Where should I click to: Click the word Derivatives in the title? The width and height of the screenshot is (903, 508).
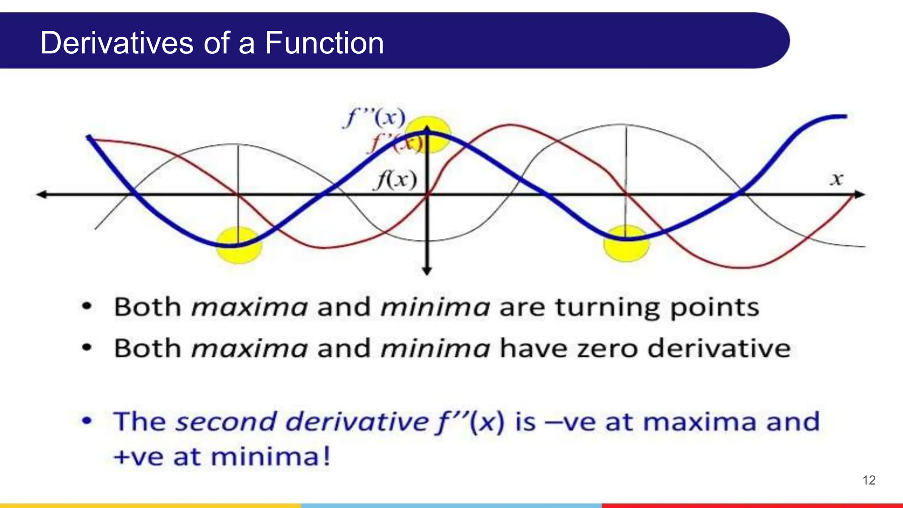point(117,43)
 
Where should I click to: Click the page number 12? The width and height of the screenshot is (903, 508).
point(869,480)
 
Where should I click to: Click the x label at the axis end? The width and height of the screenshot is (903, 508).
point(836,179)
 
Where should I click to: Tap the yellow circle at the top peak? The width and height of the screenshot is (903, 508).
point(428,134)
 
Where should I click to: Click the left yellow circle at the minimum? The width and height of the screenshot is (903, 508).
point(239,245)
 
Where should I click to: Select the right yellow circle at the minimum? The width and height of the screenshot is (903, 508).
point(626,243)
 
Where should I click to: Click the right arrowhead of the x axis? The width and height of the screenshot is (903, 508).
point(860,194)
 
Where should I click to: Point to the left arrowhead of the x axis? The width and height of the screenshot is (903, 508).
point(42,194)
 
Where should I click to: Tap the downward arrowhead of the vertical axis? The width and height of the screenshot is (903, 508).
point(427,271)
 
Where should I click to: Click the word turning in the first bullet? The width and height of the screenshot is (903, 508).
point(607,308)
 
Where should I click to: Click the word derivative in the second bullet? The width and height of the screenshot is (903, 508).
point(720,349)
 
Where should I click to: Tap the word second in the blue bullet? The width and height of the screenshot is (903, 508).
point(226,422)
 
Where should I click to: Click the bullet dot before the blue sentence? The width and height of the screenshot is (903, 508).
point(87,421)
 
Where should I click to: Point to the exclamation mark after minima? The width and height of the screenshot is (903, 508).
point(326,456)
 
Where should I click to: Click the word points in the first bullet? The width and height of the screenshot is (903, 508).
point(714,308)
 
